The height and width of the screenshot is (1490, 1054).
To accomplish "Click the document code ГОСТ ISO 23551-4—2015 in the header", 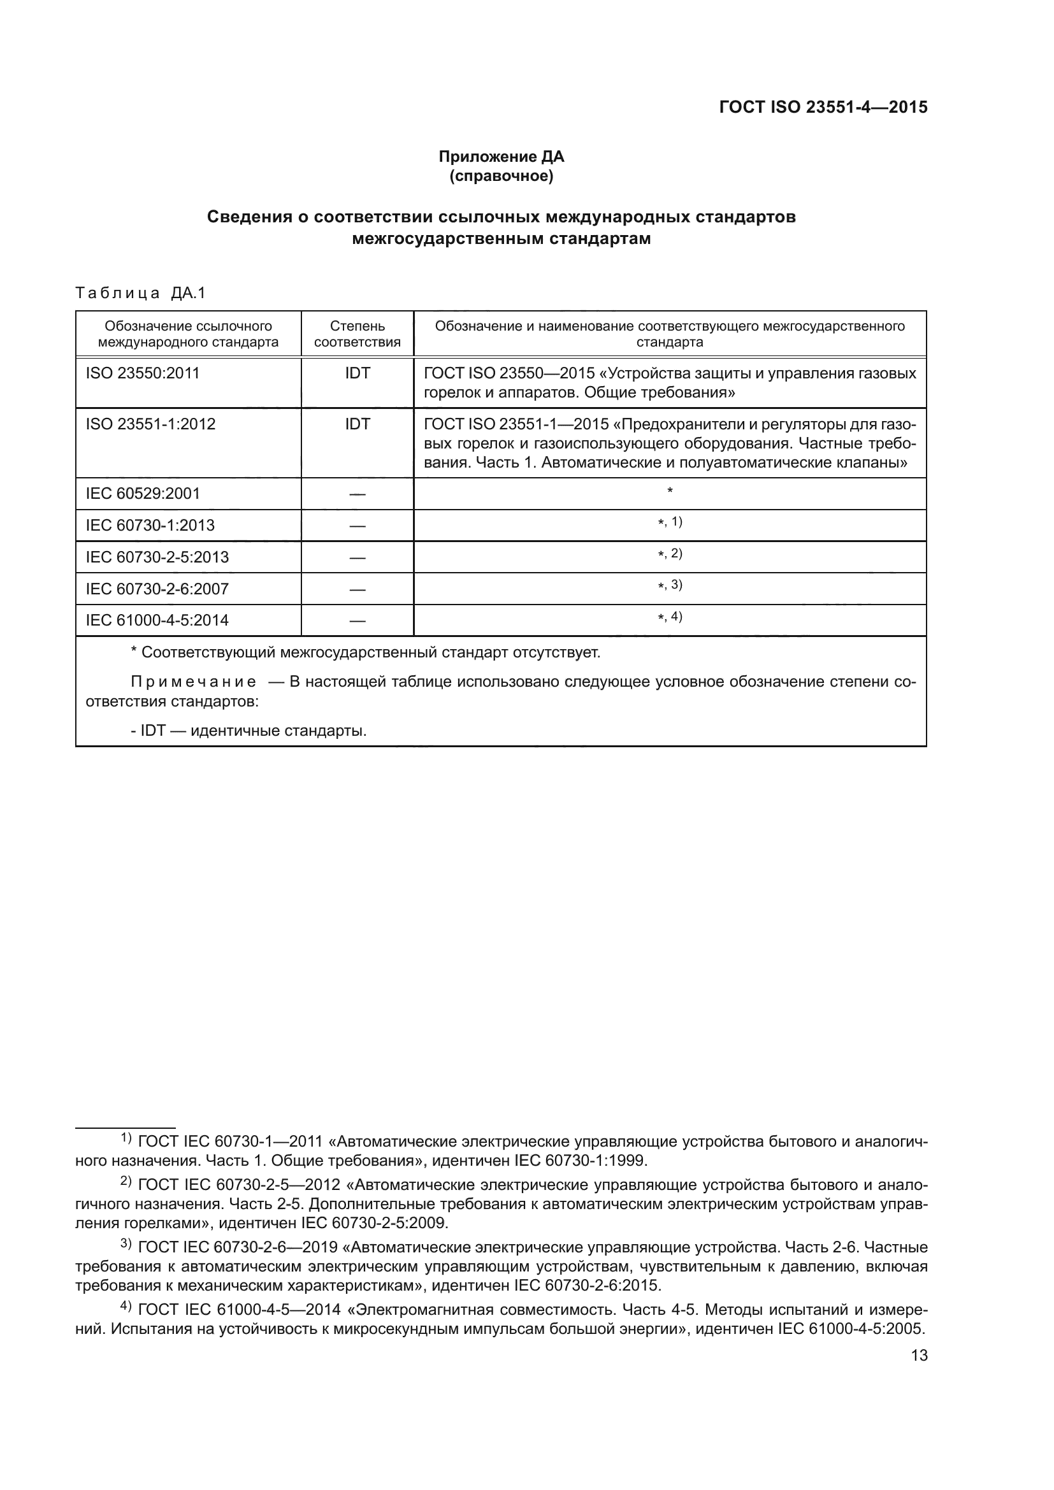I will click(x=823, y=107).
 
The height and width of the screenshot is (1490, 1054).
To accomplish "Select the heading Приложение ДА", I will click(x=501, y=157).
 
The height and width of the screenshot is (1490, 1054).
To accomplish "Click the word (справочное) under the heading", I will click(x=501, y=176).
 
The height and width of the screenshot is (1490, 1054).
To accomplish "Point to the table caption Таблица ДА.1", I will click(x=140, y=293).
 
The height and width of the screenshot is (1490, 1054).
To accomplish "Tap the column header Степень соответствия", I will click(x=357, y=334).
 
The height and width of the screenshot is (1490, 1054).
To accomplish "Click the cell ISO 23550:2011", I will click(x=142, y=373).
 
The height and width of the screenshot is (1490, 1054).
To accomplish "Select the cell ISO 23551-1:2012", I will click(x=150, y=424).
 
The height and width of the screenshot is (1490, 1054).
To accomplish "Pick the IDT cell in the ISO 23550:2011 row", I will click(x=357, y=373).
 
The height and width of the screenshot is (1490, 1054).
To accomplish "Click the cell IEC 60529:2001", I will click(x=143, y=493).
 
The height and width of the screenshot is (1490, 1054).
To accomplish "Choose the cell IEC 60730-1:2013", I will click(x=150, y=525).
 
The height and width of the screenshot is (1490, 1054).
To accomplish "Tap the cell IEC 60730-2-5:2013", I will click(x=157, y=557).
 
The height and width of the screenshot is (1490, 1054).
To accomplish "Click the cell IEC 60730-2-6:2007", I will click(x=157, y=589).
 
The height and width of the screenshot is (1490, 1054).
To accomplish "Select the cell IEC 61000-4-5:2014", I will click(x=157, y=620).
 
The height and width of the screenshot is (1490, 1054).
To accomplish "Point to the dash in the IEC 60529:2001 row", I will click(x=357, y=494).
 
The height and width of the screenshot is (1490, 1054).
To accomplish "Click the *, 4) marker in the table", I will click(x=670, y=617).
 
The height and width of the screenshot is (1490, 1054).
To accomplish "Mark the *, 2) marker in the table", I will click(x=670, y=554).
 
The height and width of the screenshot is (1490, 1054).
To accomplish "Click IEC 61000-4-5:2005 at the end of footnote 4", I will click(x=850, y=1328).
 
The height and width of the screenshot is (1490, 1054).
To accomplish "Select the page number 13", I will click(x=919, y=1356).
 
